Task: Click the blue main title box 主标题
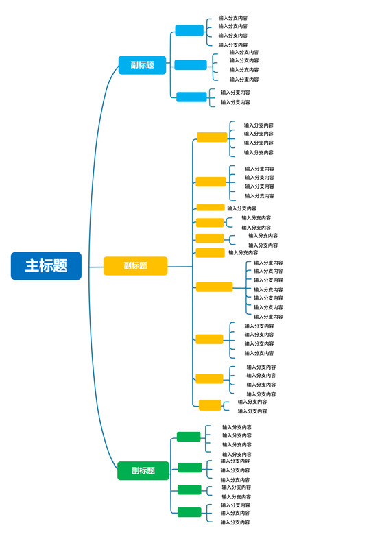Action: [46, 266]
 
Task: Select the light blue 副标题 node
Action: [142, 65]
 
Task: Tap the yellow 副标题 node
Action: [135, 266]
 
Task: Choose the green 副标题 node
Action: [142, 471]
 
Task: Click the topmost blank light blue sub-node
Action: [189, 30]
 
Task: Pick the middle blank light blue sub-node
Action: [190, 65]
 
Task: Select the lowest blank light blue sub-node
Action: [191, 97]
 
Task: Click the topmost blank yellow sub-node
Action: [211, 137]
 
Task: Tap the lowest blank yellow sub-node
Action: [210, 405]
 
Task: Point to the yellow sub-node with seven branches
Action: [214, 287]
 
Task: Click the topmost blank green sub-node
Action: [189, 437]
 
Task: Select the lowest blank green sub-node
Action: [189, 512]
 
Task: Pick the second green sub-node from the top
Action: [190, 468]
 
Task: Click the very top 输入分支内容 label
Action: [233, 18]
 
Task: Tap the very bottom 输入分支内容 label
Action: [235, 522]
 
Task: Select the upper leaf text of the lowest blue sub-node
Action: [235, 93]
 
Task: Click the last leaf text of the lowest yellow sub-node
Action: [252, 411]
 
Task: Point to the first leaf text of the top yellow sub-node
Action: [259, 125]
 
